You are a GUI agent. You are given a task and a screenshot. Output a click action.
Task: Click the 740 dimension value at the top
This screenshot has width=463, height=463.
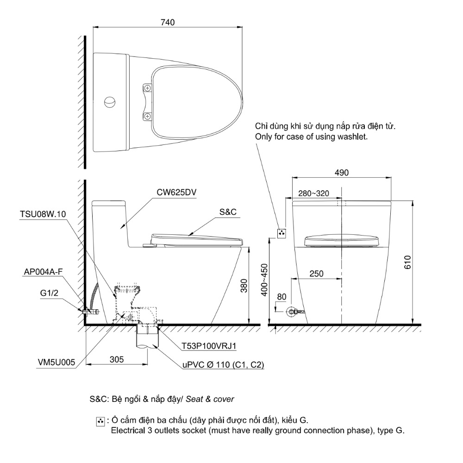tap(168, 22)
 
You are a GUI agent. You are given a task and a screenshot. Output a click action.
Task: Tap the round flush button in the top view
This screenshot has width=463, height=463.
tap(110, 102)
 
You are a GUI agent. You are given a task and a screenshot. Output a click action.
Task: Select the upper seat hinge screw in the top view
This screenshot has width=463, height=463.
tap(148, 88)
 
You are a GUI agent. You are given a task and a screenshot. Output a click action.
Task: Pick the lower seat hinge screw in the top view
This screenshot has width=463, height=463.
tap(148, 117)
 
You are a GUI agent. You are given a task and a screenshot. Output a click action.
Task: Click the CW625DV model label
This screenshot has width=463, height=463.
tap(176, 192)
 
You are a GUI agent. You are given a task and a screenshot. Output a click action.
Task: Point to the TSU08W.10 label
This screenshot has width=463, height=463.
tap(43, 214)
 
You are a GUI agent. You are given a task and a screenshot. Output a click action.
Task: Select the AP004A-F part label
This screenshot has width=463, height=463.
tap(43, 272)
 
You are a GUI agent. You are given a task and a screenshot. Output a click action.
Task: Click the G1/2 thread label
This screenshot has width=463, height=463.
tap(50, 293)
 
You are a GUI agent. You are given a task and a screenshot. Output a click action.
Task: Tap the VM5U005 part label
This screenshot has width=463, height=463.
tap(56, 363)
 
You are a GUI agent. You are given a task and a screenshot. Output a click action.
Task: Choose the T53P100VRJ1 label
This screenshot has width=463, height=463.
tap(209, 346)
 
